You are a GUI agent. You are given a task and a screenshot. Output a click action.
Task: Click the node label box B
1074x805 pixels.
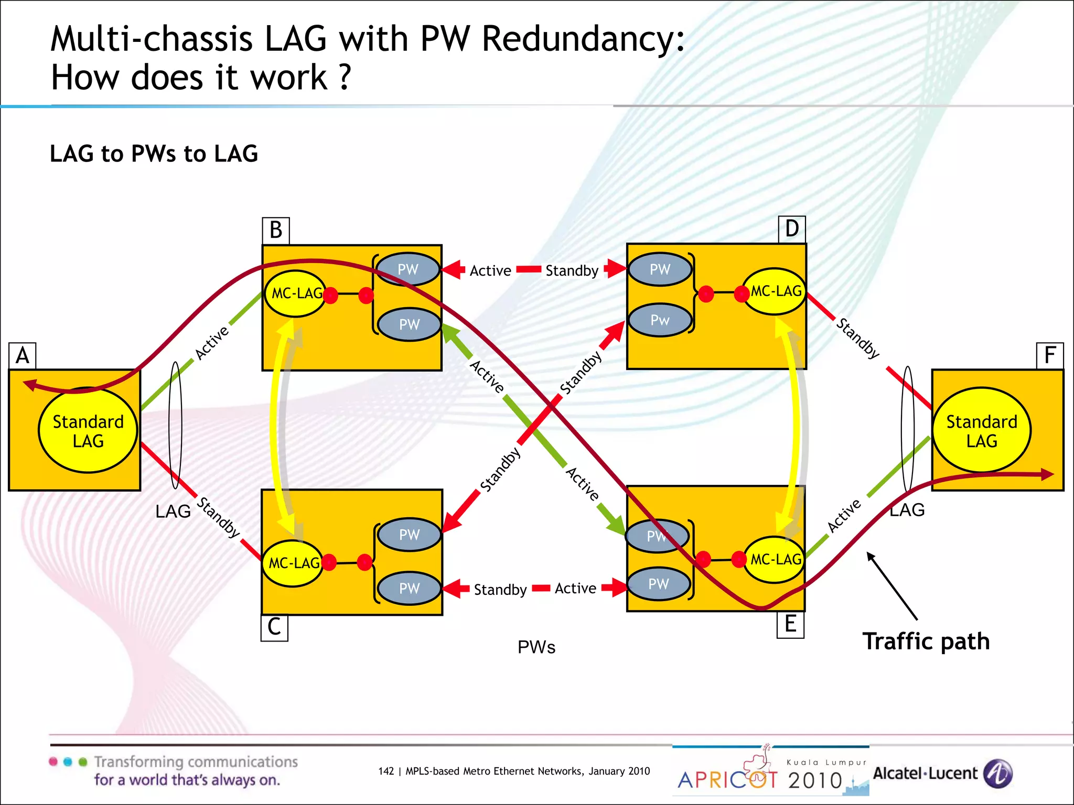(276, 231)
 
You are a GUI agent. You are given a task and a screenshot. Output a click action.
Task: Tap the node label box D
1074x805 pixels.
(792, 229)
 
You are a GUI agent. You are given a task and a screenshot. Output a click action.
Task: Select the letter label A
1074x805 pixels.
(23, 356)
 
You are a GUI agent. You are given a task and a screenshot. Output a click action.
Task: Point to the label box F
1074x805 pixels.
(1050, 355)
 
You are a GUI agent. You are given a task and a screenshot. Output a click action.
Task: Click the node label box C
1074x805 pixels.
(274, 627)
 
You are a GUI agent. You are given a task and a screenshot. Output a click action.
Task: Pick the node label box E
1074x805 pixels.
(790, 625)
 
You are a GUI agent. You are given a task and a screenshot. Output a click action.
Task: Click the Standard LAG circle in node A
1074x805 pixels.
(88, 431)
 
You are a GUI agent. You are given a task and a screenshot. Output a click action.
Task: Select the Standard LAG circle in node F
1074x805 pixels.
(981, 431)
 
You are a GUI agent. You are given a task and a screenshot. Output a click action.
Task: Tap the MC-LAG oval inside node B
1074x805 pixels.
(296, 293)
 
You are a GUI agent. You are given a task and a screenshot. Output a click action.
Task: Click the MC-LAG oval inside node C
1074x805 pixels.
(293, 563)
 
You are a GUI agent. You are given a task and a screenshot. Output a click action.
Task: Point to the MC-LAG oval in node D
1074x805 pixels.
(775, 291)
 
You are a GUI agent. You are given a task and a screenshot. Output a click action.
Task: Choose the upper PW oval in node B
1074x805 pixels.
(408, 269)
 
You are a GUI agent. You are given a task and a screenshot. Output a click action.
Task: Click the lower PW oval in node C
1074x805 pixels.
(409, 588)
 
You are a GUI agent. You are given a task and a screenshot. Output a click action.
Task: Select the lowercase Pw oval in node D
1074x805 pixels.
(660, 320)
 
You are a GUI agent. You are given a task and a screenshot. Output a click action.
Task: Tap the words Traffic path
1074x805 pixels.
(926, 641)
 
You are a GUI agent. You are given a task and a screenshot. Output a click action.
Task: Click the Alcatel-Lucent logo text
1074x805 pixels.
(926, 774)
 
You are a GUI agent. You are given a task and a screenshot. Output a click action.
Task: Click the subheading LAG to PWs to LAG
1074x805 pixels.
(154, 154)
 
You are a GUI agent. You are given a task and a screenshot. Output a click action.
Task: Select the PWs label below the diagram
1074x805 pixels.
(536, 647)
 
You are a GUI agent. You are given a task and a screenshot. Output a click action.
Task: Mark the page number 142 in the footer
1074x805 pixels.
(385, 771)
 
